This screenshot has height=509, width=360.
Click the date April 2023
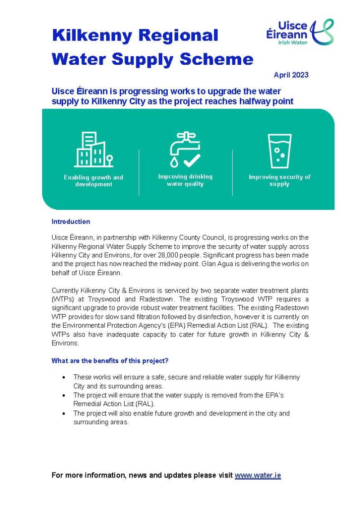pyautogui.click(x=291, y=75)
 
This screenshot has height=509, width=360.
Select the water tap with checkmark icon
pyautogui.click(x=185, y=149)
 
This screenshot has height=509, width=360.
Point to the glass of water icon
pyautogui.click(x=279, y=151)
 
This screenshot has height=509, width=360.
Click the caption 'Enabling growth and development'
pyautogui.click(x=94, y=181)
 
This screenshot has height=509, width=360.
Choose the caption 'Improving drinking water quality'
pyautogui.click(x=185, y=180)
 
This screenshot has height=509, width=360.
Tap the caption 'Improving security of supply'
pyautogui.click(x=279, y=180)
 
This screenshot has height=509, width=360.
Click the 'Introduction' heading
pyautogui.click(x=71, y=222)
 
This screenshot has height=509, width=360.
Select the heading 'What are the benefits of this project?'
pyautogui.click(x=110, y=360)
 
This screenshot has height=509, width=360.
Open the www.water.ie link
pyautogui.click(x=258, y=475)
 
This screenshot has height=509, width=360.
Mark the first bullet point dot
pyautogui.click(x=64, y=377)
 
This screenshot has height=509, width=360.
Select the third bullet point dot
pyautogui.click(x=64, y=413)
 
